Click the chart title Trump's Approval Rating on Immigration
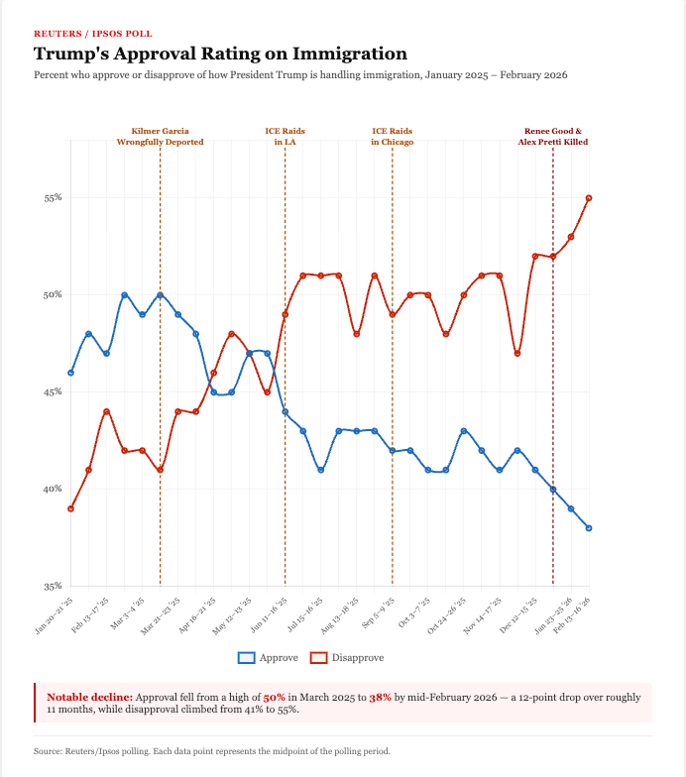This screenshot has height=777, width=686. tap(220, 54)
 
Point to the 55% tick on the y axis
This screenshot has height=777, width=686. tap(53, 197)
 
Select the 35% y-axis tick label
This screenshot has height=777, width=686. tap(53, 586)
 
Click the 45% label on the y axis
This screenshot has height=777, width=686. tap(53, 391)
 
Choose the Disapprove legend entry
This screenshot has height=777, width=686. tap(347, 657)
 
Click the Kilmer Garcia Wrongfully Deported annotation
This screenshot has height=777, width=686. tap(160, 136)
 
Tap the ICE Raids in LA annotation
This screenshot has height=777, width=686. tap(285, 136)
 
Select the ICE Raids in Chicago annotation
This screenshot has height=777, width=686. tap(392, 136)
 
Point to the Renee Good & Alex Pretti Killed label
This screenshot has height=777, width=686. tap(552, 136)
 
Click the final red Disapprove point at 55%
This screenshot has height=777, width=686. tap(589, 198)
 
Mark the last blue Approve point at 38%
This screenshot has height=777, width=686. tap(589, 528)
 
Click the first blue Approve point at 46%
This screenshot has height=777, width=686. tap(70, 373)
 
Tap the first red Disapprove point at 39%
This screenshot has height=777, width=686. tap(70, 508)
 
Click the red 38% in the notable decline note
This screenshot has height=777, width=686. tap(380, 697)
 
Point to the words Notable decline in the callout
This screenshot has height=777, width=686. tap(89, 697)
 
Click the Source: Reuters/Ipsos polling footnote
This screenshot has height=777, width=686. tap(212, 751)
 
